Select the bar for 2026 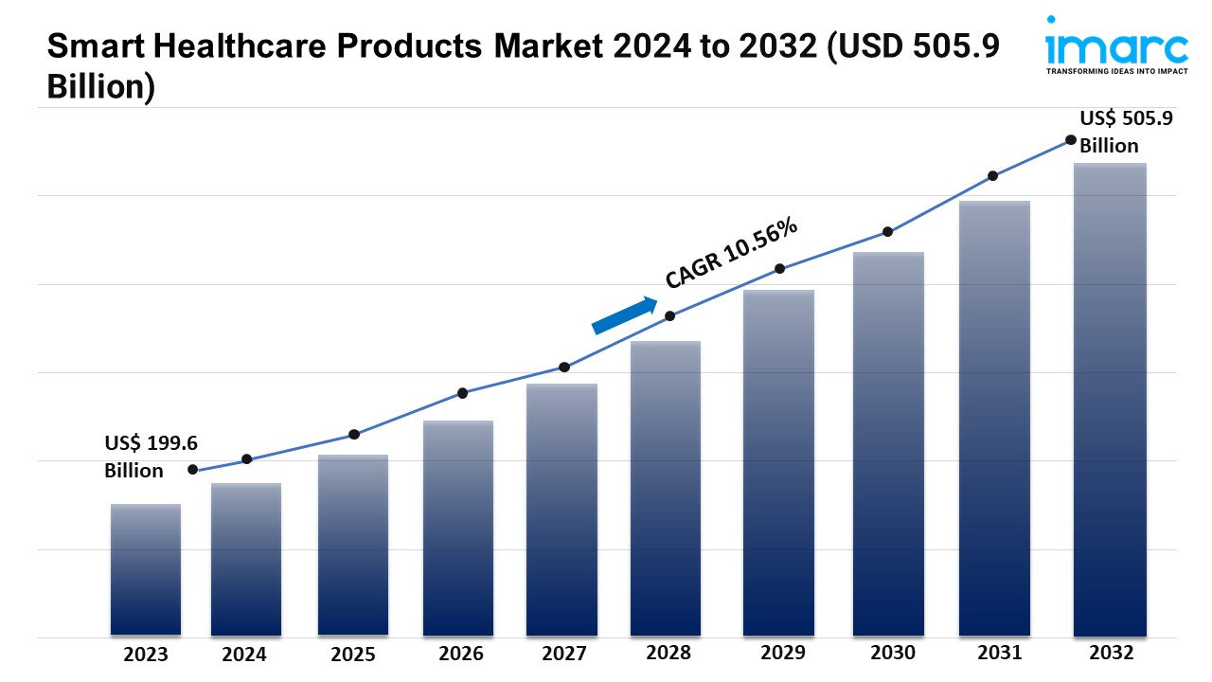(x=458, y=528)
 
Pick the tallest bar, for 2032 (x=1110, y=399)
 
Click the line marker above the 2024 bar (x=247, y=459)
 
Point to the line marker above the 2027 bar (x=564, y=367)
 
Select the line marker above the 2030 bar (x=888, y=232)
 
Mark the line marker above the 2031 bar (x=993, y=176)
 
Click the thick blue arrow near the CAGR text (x=624, y=315)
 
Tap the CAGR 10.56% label (x=731, y=253)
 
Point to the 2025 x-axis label (x=352, y=654)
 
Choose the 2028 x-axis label (x=668, y=653)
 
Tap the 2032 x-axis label (x=1110, y=653)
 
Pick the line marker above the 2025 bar (x=354, y=435)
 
